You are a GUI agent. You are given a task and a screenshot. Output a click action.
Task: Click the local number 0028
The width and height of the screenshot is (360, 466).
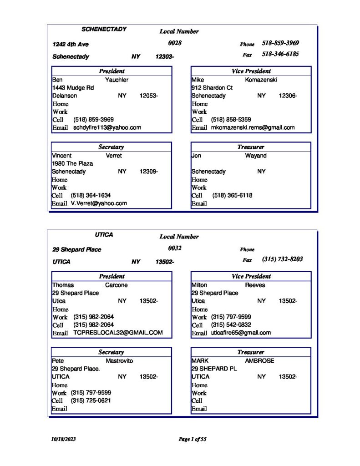pos(175,43)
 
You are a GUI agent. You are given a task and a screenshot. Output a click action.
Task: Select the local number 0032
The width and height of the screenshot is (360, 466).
pos(175,248)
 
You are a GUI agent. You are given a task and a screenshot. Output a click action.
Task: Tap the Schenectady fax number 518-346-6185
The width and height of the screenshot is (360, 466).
pos(280,54)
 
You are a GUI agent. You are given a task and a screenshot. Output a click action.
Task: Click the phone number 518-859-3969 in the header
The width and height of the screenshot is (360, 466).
pos(280,43)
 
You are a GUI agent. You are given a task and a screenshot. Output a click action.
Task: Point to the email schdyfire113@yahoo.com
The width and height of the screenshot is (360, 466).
pos(107,128)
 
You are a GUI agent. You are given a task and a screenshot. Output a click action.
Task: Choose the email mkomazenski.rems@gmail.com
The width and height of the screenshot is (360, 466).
pos(253,128)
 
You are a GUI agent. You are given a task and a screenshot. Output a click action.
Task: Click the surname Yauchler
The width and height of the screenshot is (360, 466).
pos(117,80)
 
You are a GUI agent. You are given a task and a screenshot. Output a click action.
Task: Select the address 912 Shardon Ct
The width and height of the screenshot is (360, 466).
pos(212,88)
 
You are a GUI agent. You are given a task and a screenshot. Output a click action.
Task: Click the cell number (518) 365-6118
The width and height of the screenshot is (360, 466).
pos(232,196)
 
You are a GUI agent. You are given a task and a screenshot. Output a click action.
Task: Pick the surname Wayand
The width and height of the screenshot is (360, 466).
pos(256,156)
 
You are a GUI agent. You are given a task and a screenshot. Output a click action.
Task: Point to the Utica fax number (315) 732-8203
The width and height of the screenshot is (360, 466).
pos(282,259)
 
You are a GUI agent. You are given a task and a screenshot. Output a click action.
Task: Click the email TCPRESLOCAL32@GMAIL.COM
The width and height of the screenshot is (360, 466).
pos(118,333)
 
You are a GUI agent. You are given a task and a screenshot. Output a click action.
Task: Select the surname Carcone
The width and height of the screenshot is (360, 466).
pos(116,285)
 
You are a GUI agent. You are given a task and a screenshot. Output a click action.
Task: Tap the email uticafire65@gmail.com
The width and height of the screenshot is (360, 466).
pos(241,333)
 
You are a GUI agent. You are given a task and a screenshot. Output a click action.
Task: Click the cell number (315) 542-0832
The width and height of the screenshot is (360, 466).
pos(231,325)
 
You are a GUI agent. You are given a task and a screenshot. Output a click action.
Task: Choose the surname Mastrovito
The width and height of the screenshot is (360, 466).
pos(120,361)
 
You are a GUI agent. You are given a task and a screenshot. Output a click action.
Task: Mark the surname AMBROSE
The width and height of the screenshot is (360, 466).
pos(259,361)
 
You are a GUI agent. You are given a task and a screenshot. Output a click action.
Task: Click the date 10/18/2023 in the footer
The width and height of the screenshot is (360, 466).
pos(63,439)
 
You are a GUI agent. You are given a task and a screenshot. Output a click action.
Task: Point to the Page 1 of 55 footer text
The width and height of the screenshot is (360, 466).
pos(193,439)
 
